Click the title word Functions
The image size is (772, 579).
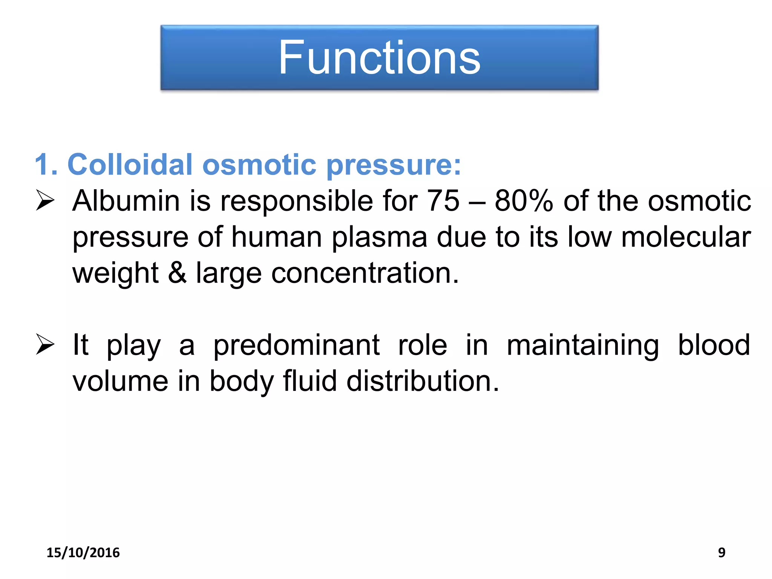pyautogui.click(x=379, y=58)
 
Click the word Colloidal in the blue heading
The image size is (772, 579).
pyautogui.click(x=130, y=165)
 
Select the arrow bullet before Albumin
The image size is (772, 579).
pyautogui.click(x=45, y=200)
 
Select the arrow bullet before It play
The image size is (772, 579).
pyautogui.click(x=45, y=345)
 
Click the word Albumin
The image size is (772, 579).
pyautogui.click(x=126, y=201)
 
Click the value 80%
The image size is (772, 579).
pyautogui.click(x=524, y=201)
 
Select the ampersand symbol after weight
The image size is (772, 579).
pyautogui.click(x=177, y=273)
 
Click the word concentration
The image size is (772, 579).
pyautogui.click(x=365, y=273)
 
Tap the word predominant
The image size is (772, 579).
pyautogui.click(x=296, y=345)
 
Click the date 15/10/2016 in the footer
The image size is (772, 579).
pyautogui.click(x=83, y=553)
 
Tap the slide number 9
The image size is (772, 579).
pyautogui.click(x=721, y=553)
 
